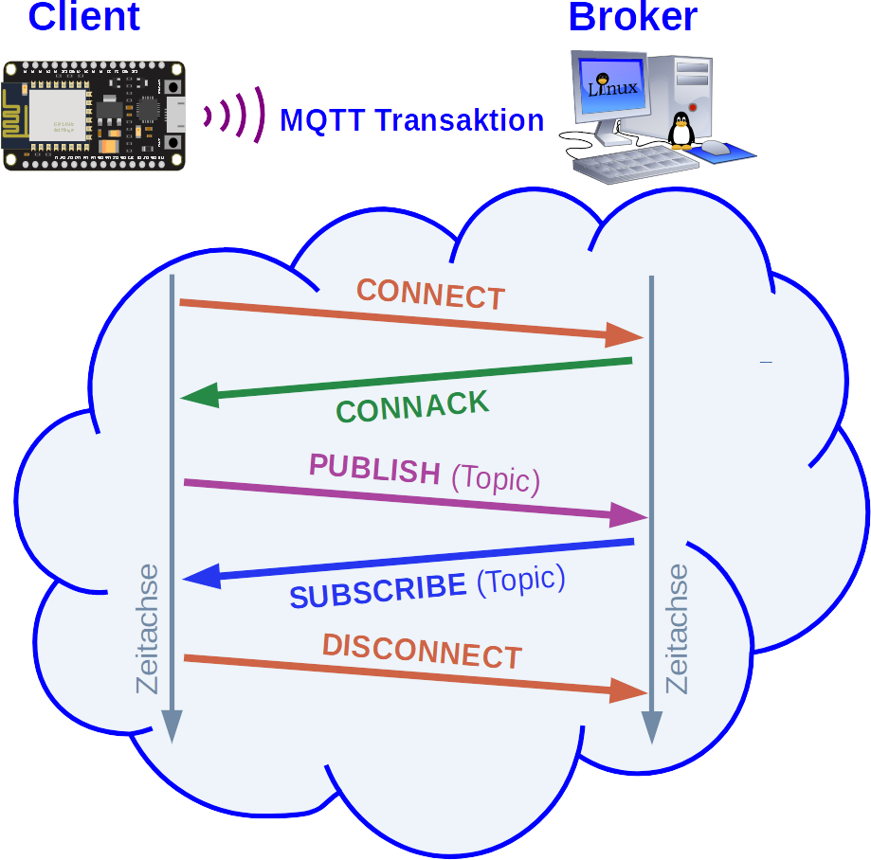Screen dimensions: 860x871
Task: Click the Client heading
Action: pyautogui.click(x=84, y=16)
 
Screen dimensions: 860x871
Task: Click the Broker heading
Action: pyautogui.click(x=632, y=16)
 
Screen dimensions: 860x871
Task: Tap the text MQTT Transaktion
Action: pyautogui.click(x=411, y=120)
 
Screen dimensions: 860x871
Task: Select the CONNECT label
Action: pyautogui.click(x=430, y=294)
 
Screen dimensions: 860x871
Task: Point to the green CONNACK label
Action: pyautogui.click(x=413, y=406)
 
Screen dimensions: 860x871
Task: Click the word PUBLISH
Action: pyautogui.click(x=374, y=468)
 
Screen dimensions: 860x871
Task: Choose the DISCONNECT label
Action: pyautogui.click(x=422, y=652)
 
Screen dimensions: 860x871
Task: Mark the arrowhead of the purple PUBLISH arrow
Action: pyautogui.click(x=629, y=515)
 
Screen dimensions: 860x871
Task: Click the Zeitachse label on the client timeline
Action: pyautogui.click(x=148, y=629)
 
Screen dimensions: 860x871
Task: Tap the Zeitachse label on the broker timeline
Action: pyautogui.click(x=678, y=629)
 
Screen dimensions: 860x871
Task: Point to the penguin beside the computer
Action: pyautogui.click(x=680, y=131)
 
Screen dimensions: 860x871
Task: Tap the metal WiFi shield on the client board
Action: pyautogui.click(x=57, y=116)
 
